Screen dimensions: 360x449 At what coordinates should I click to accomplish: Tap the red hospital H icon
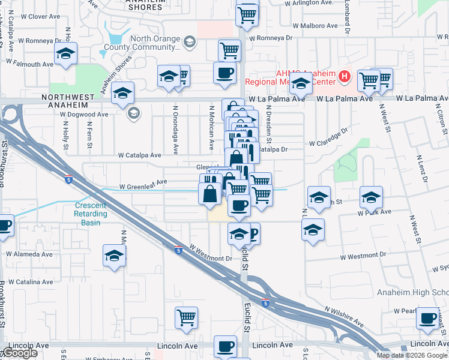(344, 77)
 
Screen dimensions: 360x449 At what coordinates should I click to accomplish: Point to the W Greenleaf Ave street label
(143, 185)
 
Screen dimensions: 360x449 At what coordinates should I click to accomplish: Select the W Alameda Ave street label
(29, 254)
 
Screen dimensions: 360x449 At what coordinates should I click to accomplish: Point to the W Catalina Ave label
(29, 281)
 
